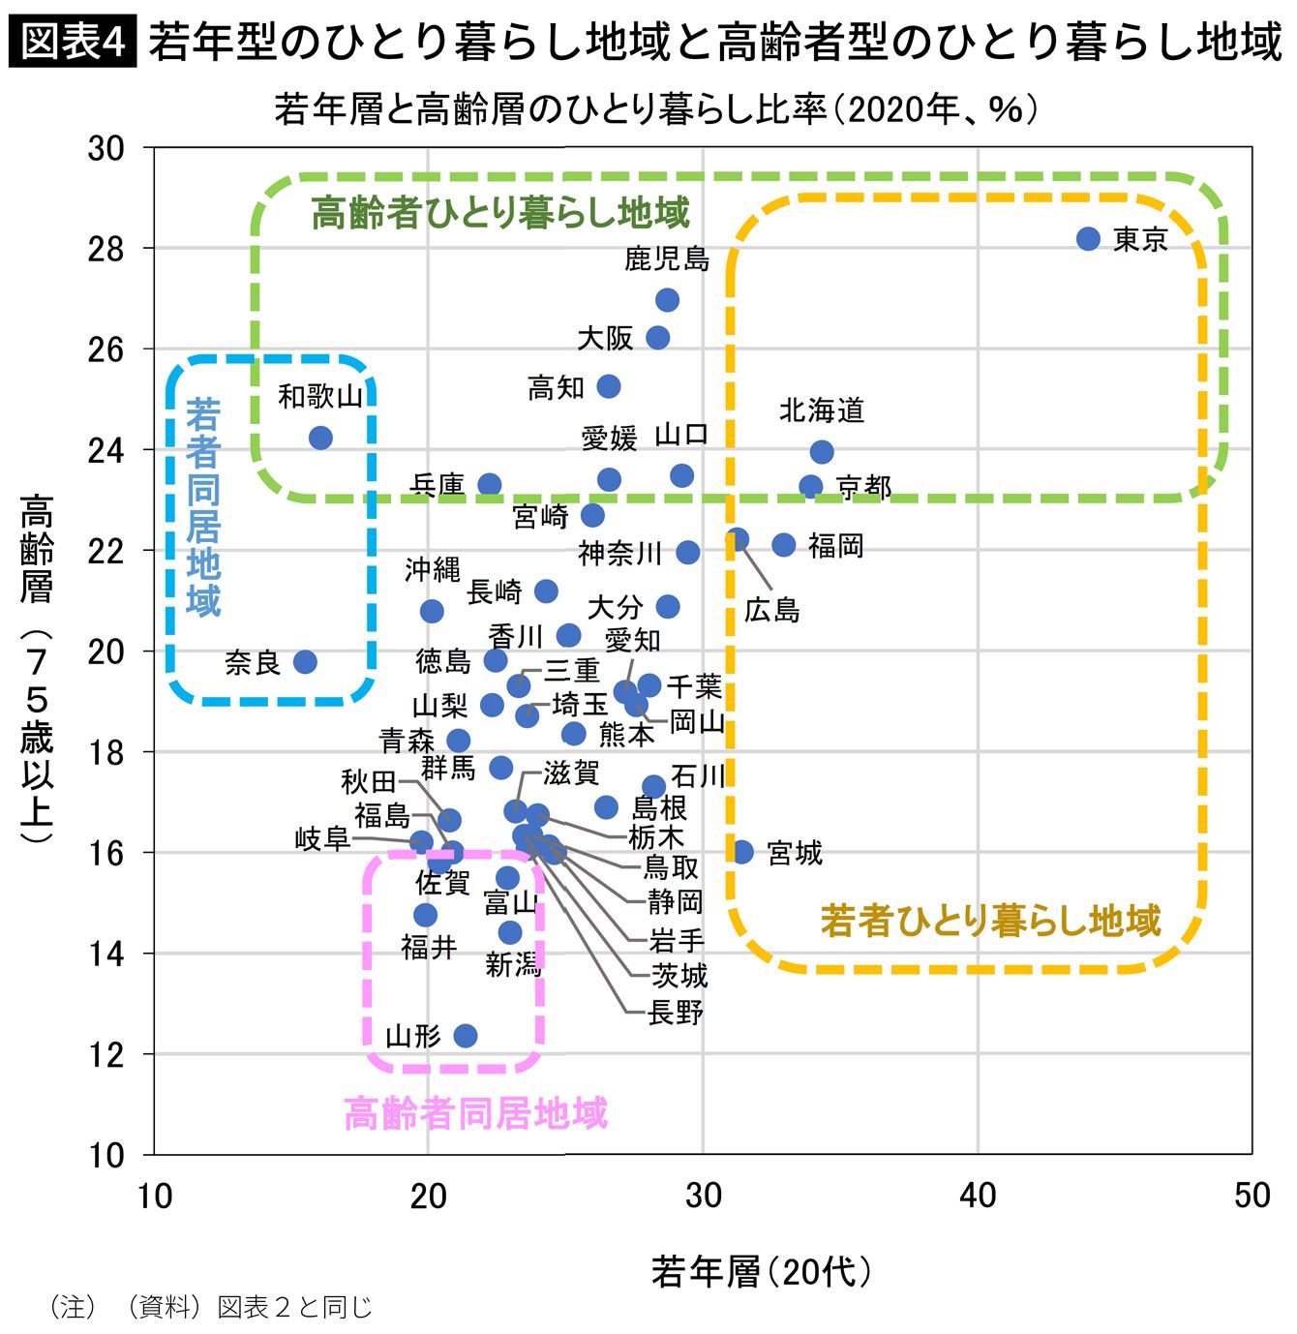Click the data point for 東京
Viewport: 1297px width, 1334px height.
pyautogui.click(x=1088, y=238)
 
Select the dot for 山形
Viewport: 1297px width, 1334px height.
pyautogui.click(x=466, y=1035)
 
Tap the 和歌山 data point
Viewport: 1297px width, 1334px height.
pyautogui.click(x=320, y=438)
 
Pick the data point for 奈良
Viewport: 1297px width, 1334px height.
pyautogui.click(x=305, y=661)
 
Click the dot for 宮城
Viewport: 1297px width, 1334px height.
pyautogui.click(x=741, y=852)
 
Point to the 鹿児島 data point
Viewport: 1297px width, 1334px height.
pyautogui.click(x=667, y=299)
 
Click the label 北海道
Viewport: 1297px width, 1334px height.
pyautogui.click(x=821, y=410)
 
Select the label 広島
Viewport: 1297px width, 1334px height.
pyautogui.click(x=771, y=610)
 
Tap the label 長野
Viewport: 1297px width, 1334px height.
pyautogui.click(x=676, y=1013)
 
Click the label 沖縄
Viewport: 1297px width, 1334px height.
pyautogui.click(x=432, y=569)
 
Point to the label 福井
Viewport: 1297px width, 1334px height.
pyautogui.click(x=429, y=948)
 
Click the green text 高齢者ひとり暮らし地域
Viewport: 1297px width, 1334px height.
pyautogui.click(x=500, y=212)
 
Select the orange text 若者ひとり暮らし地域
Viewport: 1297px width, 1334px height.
pyautogui.click(x=990, y=920)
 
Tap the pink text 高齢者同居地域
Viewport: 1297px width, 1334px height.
pyautogui.click(x=476, y=1112)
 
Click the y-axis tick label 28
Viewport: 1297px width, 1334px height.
pyautogui.click(x=106, y=249)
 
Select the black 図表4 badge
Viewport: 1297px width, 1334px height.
pyautogui.click(x=73, y=42)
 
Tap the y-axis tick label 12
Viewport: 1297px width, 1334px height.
pyautogui.click(x=106, y=1055)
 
